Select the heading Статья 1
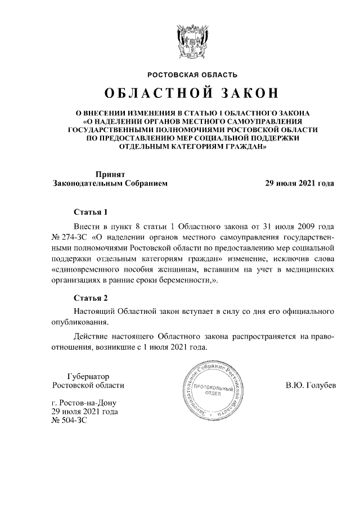(x=91, y=213)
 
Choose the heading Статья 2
(x=91, y=298)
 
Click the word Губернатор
(x=88, y=376)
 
